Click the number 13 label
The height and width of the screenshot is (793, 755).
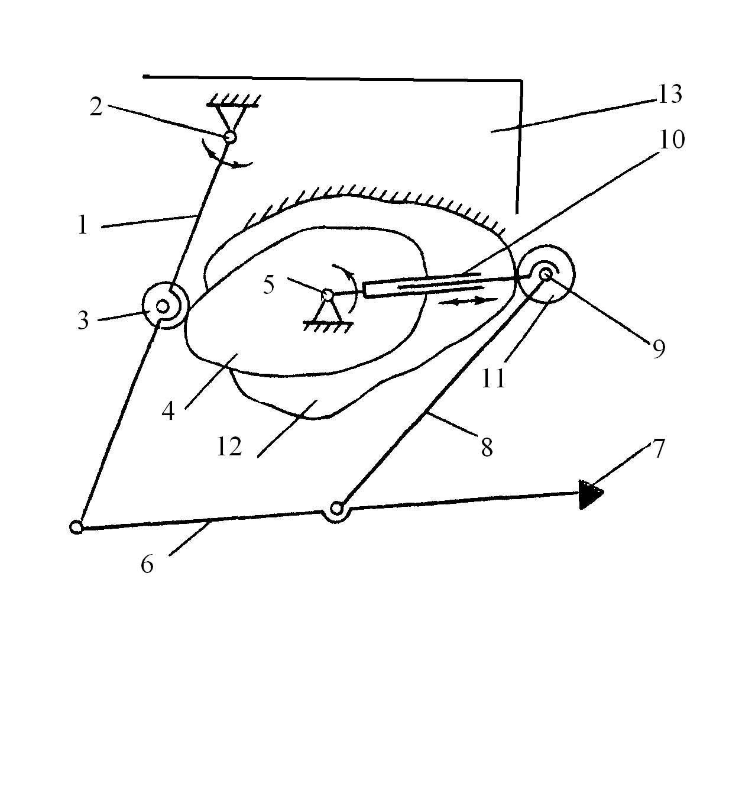pyautogui.click(x=669, y=94)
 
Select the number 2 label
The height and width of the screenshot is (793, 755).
pyautogui.click(x=96, y=108)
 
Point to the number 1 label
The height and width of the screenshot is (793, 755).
pyautogui.click(x=82, y=225)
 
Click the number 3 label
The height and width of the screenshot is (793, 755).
pyautogui.click(x=83, y=321)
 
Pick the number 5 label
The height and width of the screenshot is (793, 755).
pyautogui.click(x=269, y=285)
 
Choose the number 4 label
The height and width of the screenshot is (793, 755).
pyautogui.click(x=169, y=410)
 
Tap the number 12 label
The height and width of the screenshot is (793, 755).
pyautogui.click(x=229, y=446)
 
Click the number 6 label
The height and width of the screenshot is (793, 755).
pyautogui.click(x=147, y=564)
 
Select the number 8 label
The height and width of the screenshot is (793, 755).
pyautogui.click(x=487, y=448)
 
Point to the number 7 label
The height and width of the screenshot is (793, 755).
pyautogui.click(x=659, y=448)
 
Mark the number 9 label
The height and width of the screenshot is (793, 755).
pyautogui.click(x=659, y=348)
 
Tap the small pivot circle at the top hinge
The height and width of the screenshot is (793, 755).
pyautogui.click(x=230, y=137)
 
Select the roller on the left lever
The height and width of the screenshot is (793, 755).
pyautogui.click(x=164, y=306)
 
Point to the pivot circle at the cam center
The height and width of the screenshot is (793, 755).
pyautogui.click(x=327, y=293)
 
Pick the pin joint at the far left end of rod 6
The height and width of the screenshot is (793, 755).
pyautogui.click(x=76, y=526)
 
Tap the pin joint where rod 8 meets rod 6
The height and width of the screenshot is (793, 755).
pyautogui.click(x=336, y=508)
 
